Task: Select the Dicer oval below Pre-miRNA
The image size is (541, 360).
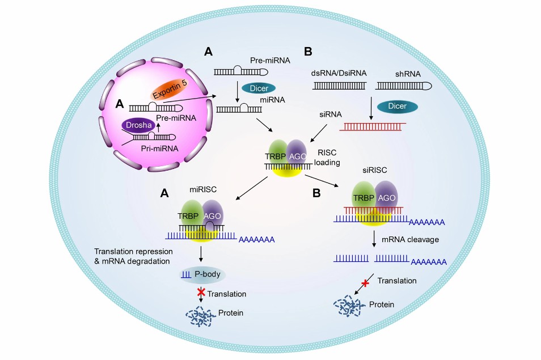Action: click(259, 88)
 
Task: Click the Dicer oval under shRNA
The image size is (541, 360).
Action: click(400, 106)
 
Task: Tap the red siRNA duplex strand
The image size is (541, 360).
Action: click(372, 127)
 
